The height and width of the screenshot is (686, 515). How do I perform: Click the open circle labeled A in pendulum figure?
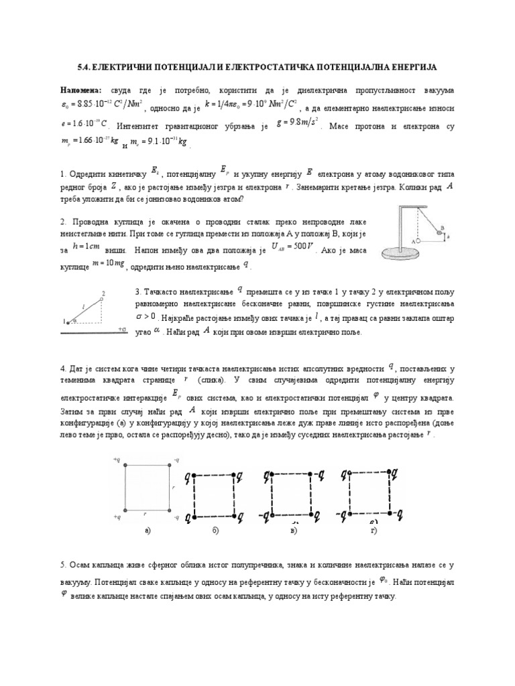(x=418, y=239)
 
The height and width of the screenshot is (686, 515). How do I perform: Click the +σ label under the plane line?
(x=121, y=329)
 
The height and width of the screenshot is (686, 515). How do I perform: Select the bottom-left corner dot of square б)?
(x=195, y=517)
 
